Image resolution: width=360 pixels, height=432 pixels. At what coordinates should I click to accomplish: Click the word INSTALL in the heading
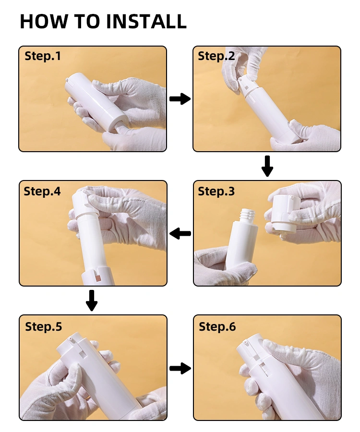coord(146,21)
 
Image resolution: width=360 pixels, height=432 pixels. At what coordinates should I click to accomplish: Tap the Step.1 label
coord(43,56)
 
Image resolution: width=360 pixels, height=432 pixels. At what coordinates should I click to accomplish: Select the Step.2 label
coord(216,56)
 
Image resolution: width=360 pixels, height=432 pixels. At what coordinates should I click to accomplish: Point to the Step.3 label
coord(216,191)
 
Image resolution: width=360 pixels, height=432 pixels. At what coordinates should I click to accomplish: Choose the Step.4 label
coord(42,191)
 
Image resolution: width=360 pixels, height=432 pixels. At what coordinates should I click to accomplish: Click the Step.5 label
coord(44,326)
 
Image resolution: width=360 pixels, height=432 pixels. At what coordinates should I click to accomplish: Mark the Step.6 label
coord(217,326)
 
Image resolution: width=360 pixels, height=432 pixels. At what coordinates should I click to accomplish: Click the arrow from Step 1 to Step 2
coord(180,98)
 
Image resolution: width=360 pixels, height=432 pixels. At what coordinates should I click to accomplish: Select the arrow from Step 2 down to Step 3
coord(267,166)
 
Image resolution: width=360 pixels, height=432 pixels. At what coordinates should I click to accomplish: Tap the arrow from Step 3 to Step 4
coord(180,234)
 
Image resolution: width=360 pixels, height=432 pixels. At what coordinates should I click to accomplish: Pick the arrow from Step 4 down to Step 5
coord(92,300)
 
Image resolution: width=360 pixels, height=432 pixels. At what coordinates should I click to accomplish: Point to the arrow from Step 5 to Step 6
coord(180,368)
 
